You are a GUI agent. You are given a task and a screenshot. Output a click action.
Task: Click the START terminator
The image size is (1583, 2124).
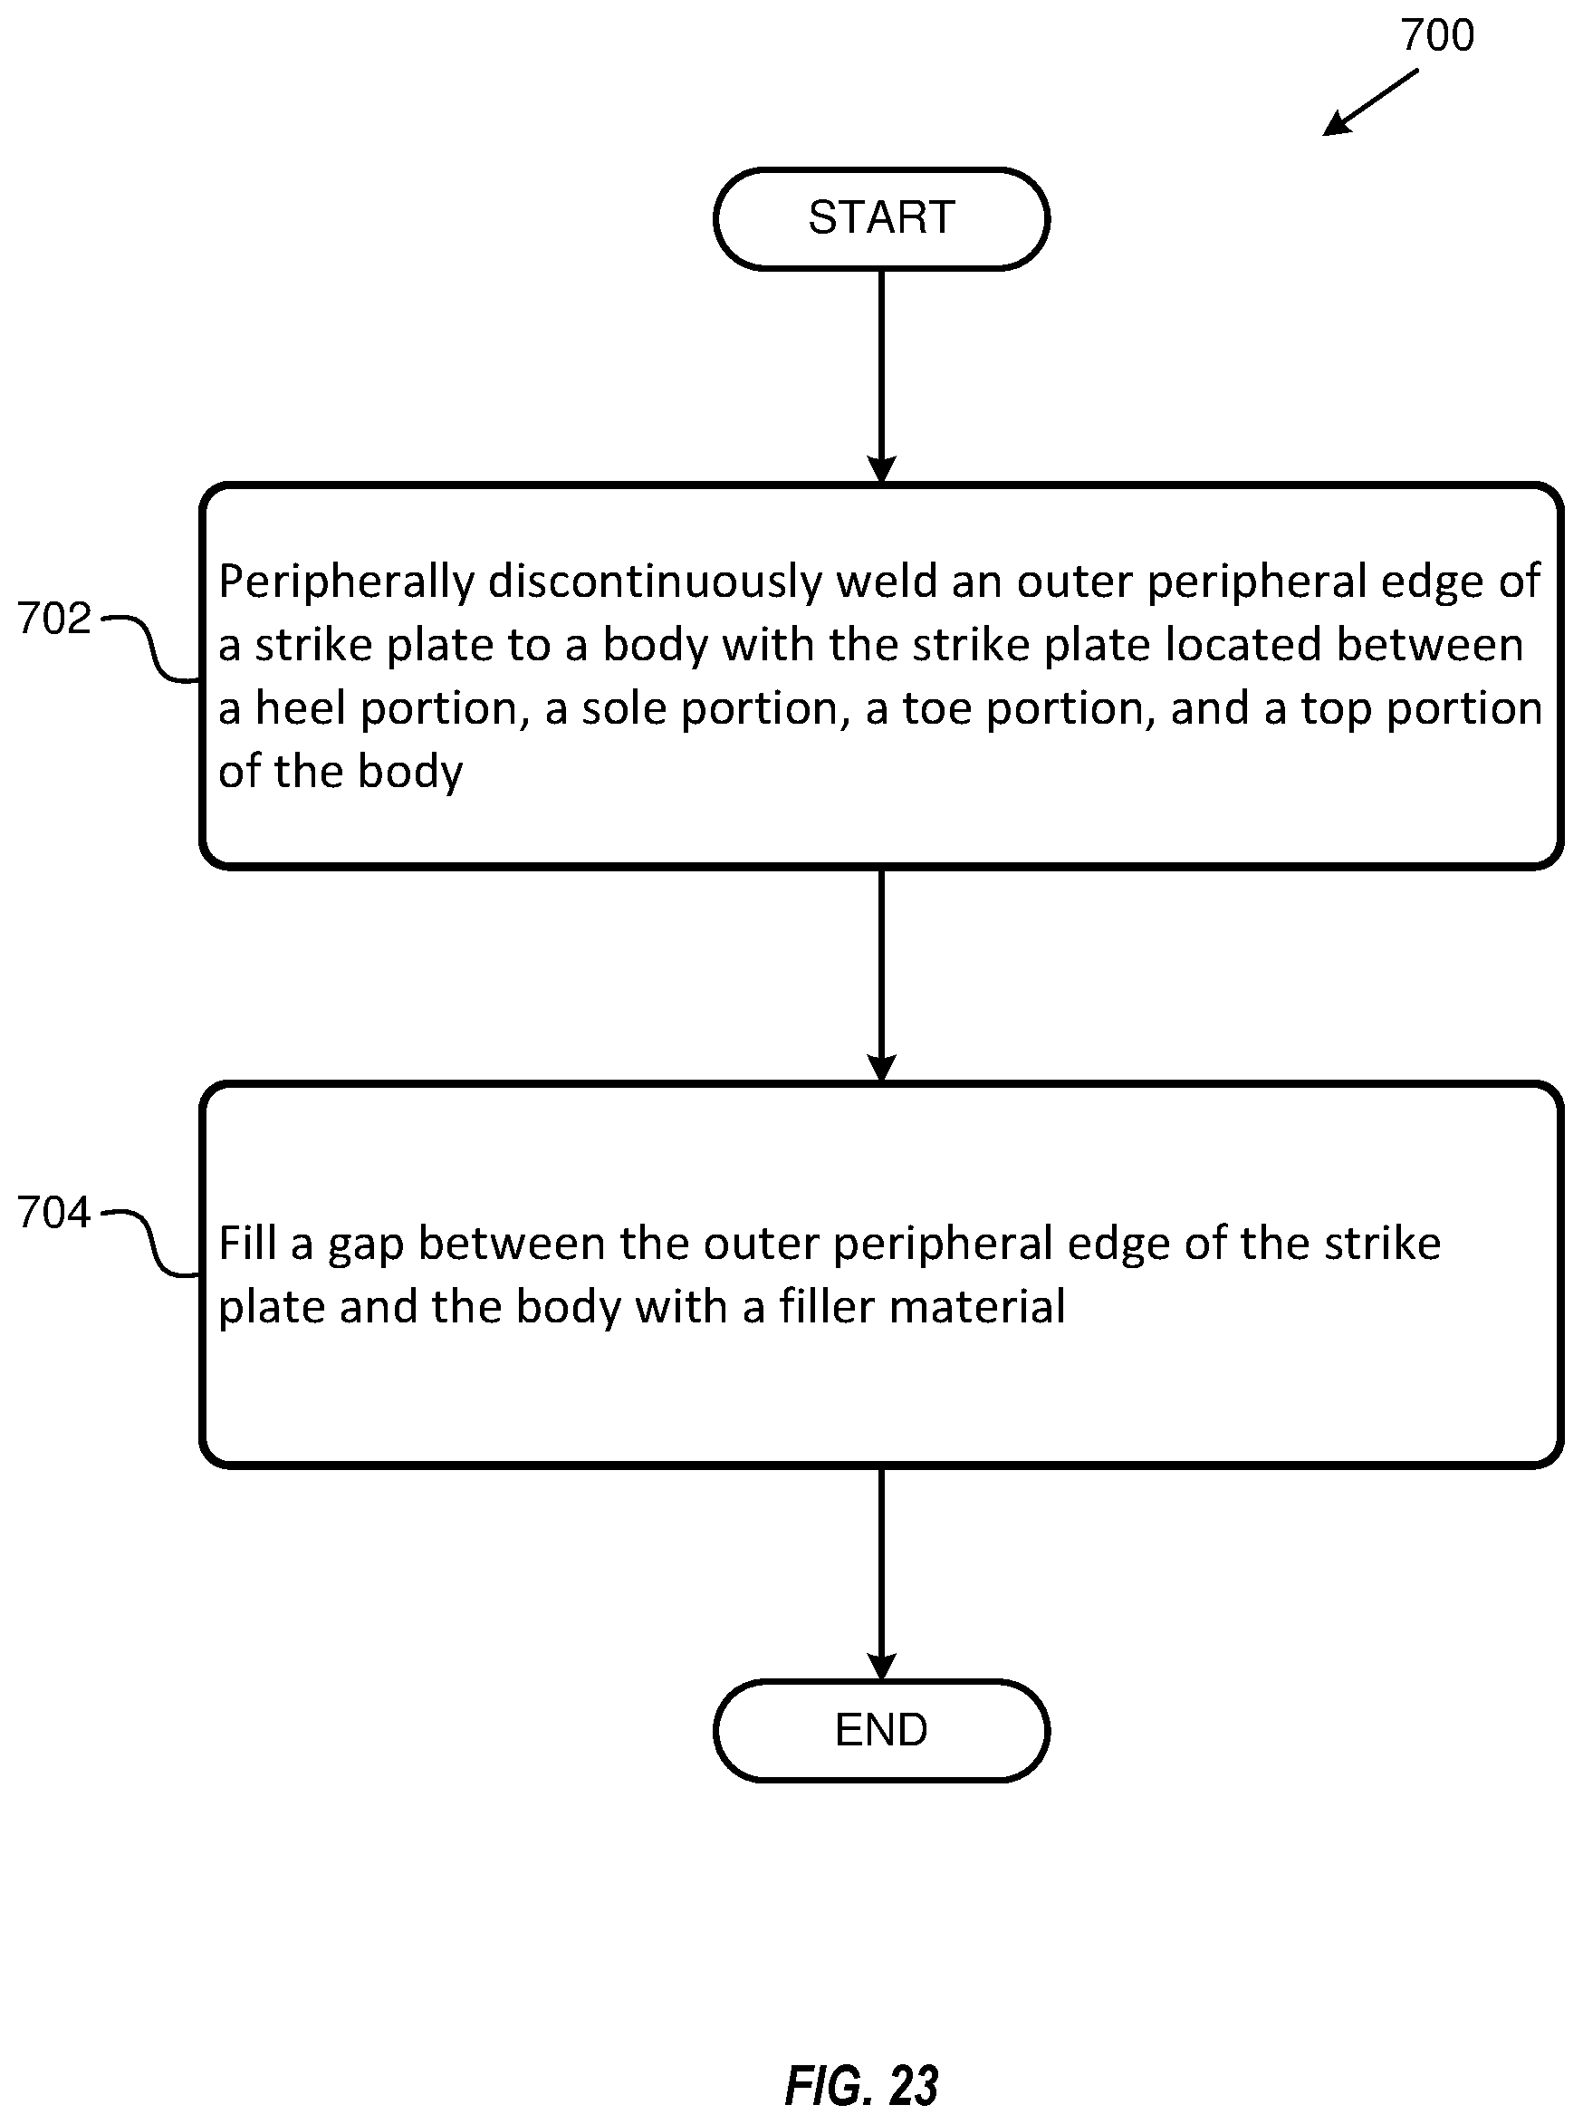tap(880, 218)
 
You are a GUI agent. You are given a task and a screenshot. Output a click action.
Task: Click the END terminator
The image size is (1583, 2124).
tap(880, 1730)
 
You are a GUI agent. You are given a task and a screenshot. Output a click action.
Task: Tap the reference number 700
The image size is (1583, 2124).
tap(1436, 35)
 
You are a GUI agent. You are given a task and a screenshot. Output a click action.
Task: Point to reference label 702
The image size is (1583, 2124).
tap(53, 619)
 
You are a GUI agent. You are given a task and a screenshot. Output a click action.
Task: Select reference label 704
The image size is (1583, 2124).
tap(53, 1213)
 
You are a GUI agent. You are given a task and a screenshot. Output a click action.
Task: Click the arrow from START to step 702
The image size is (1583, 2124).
tap(880, 377)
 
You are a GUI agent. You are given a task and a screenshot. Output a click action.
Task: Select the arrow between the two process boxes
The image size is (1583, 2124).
tap(880, 976)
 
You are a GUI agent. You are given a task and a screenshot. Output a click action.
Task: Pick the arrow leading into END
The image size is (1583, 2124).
tap(880, 1574)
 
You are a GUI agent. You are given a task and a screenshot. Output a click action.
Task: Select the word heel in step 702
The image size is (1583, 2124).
tap(300, 708)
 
